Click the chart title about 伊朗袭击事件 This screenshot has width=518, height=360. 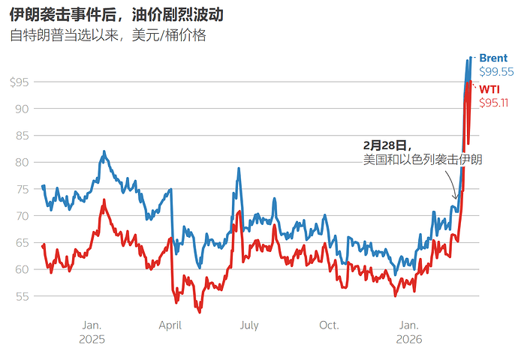coord(116,15)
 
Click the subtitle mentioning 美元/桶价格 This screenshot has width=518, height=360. coord(107,35)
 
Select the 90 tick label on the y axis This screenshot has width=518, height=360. coord(22,109)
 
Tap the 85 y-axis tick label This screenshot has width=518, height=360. coord(22,135)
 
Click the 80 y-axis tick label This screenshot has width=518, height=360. coord(22,162)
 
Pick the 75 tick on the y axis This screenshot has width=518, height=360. coord(22,189)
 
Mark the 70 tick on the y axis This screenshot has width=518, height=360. coord(22,215)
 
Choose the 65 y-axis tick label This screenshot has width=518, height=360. coord(22,242)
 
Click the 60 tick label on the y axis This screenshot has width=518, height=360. coord(22,269)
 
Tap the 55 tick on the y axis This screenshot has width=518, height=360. coord(22,295)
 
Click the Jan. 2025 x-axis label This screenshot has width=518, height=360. coord(92,331)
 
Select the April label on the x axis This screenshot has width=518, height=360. coord(170,325)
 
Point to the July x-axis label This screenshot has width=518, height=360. coord(248,325)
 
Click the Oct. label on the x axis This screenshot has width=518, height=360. coord(329,325)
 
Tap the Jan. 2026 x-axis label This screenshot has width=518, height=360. coord(408,331)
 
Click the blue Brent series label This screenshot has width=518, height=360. coord(493,58)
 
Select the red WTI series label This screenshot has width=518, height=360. coord(489,89)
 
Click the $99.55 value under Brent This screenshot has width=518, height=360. coord(496,72)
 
